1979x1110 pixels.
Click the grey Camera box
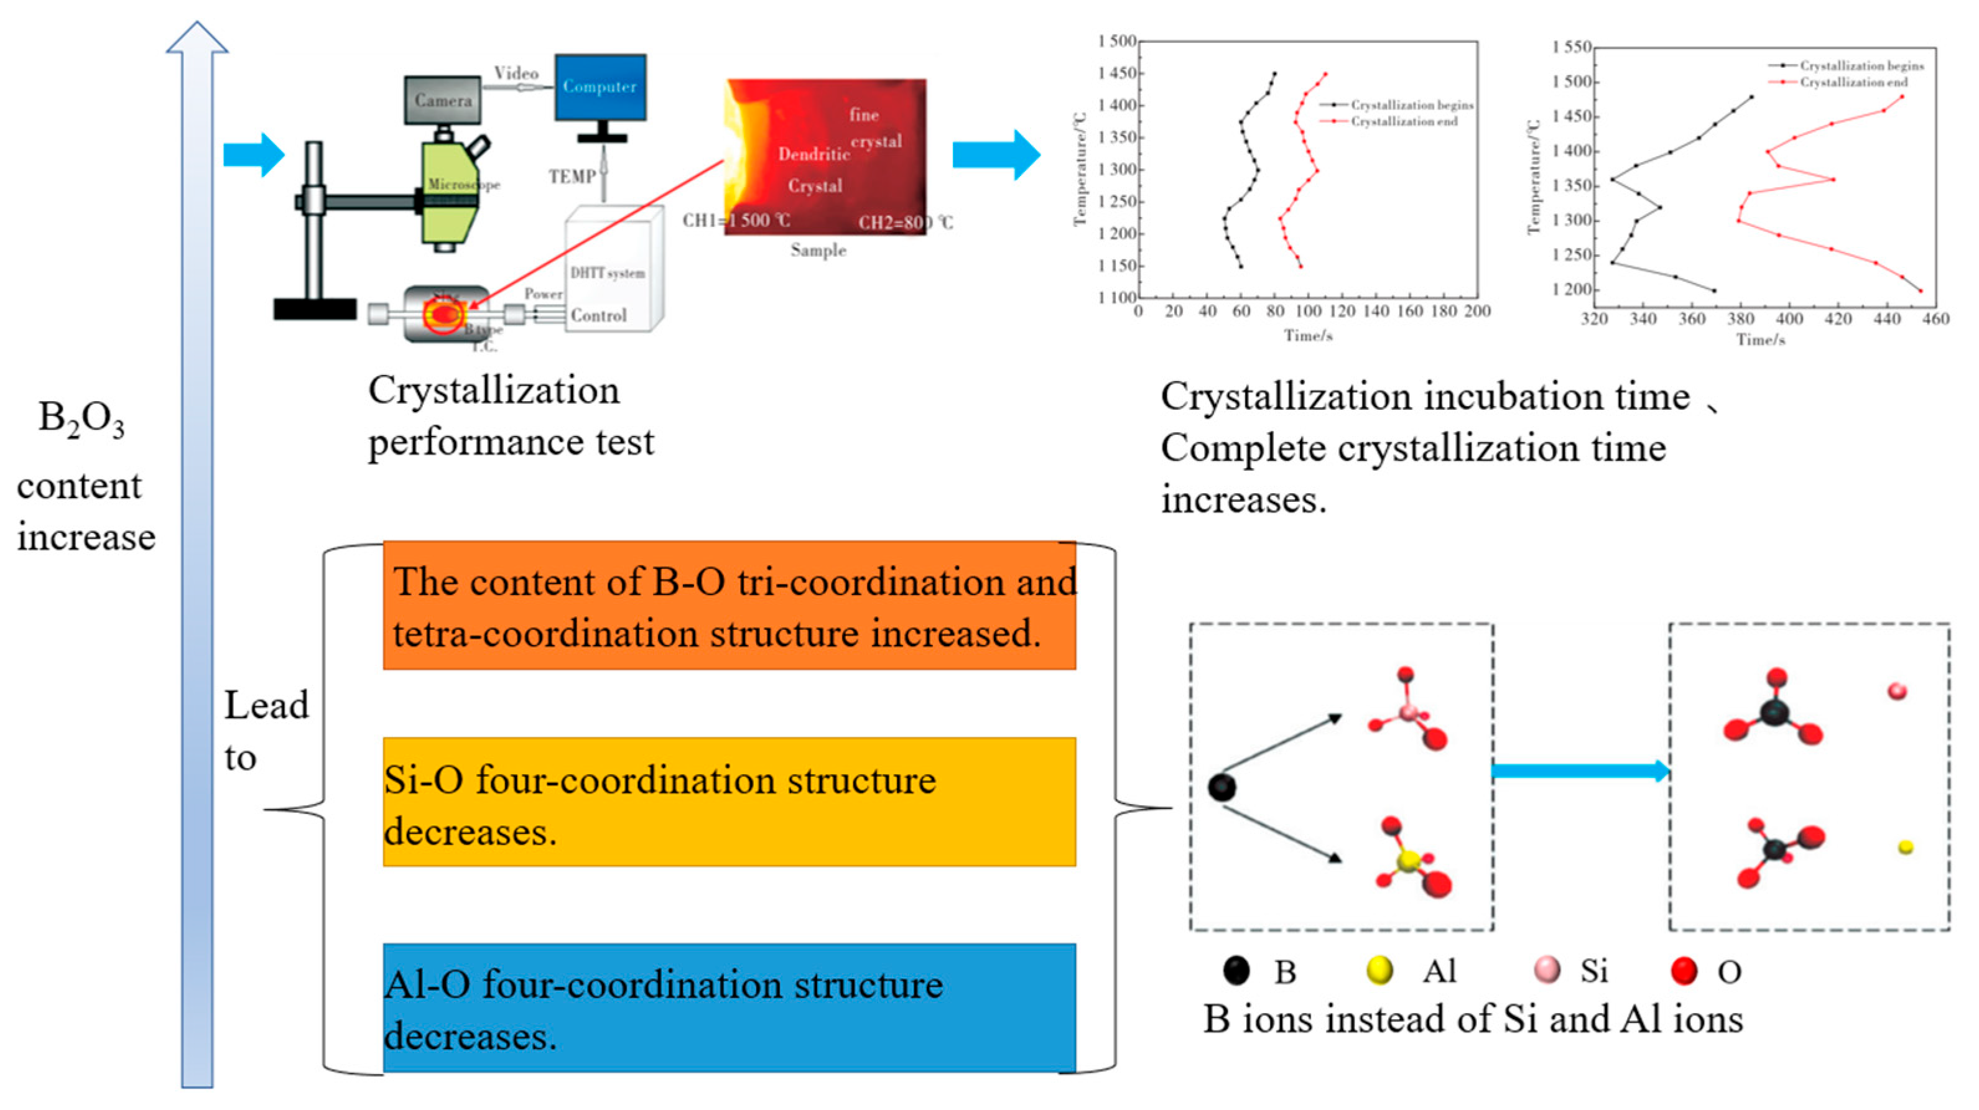coord(443,100)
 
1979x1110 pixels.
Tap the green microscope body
coord(451,192)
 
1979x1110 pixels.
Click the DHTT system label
coord(607,273)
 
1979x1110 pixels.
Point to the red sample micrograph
coord(825,157)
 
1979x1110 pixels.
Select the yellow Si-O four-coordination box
coord(729,802)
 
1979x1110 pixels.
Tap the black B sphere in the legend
coord(1236,970)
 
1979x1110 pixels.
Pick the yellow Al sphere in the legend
coord(1380,970)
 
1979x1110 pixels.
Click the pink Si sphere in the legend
coord(1547,970)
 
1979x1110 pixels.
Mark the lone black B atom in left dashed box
coord(1221,787)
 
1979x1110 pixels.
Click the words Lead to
coord(265,731)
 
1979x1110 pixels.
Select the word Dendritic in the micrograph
coord(813,154)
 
